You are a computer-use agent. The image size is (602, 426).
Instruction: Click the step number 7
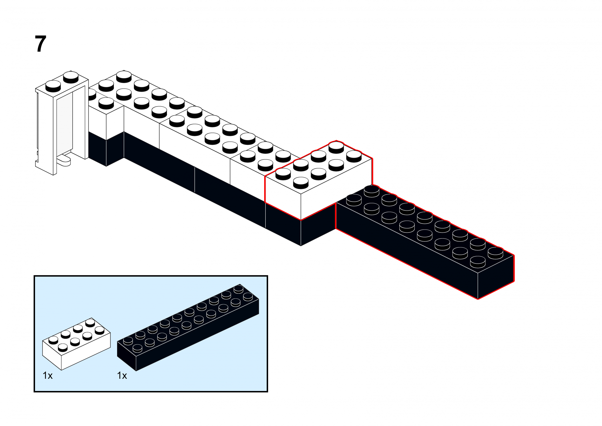[x=40, y=44]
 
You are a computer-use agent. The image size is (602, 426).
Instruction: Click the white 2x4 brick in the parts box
[x=76, y=344]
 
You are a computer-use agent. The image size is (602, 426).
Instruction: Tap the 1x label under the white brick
[x=48, y=376]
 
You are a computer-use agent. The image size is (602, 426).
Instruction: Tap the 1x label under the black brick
[x=122, y=376]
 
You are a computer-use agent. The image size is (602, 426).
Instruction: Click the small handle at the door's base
[x=64, y=161]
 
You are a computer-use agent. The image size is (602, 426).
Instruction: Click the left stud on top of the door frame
[x=53, y=86]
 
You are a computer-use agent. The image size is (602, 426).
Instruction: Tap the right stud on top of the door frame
[x=71, y=77]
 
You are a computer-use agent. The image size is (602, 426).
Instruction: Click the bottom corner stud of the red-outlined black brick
[x=477, y=261]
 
